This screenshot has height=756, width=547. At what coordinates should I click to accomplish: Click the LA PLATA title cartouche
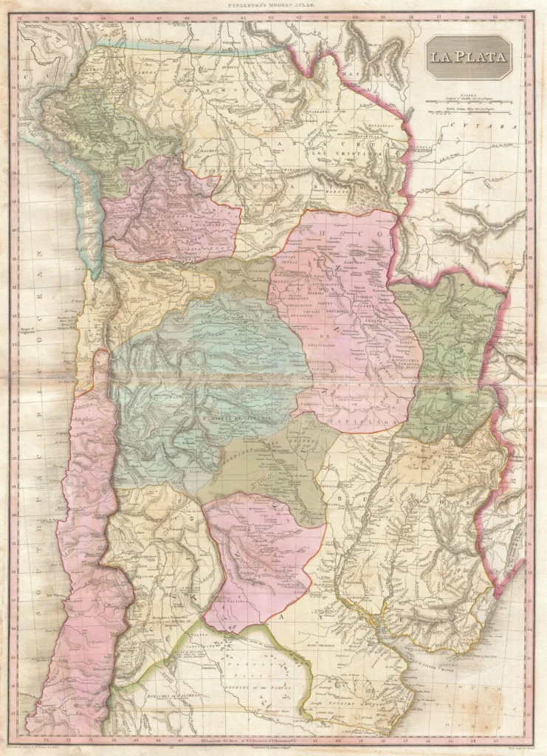[x=468, y=58]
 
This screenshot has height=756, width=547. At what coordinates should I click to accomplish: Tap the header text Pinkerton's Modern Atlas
[x=273, y=5]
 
